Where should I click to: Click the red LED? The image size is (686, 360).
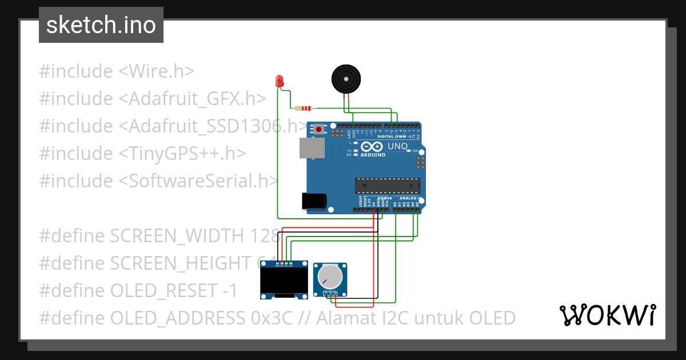click(280, 81)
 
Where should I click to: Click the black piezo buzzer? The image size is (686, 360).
click(346, 79)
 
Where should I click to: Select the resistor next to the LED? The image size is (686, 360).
click(304, 108)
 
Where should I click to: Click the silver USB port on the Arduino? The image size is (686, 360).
click(312, 147)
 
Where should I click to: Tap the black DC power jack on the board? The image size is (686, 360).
click(314, 201)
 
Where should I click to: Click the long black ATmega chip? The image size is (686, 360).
click(388, 186)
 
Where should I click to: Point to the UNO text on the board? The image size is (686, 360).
click(397, 146)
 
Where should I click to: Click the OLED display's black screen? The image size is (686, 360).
click(284, 281)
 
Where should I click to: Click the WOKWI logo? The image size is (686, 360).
click(607, 315)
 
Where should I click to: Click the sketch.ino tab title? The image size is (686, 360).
click(101, 25)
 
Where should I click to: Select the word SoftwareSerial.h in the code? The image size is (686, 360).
click(197, 181)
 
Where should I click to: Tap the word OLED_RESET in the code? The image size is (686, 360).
click(162, 290)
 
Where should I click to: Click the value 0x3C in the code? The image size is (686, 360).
click(272, 318)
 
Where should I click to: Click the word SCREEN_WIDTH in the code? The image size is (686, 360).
click(178, 235)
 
